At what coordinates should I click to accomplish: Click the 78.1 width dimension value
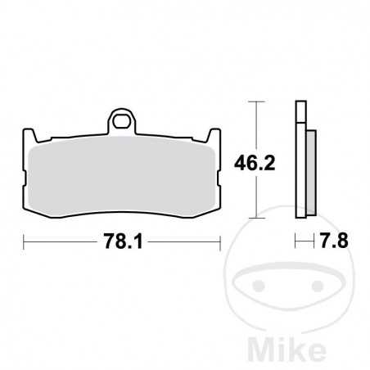[x=122, y=241]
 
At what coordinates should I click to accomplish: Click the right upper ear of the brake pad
[x=215, y=135]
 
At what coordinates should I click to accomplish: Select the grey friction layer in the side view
[x=310, y=173]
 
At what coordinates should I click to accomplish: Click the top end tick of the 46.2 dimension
[x=258, y=102]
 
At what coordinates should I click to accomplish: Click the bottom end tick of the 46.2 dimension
[x=258, y=218]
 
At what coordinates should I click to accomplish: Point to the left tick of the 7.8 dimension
[x=296, y=241]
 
